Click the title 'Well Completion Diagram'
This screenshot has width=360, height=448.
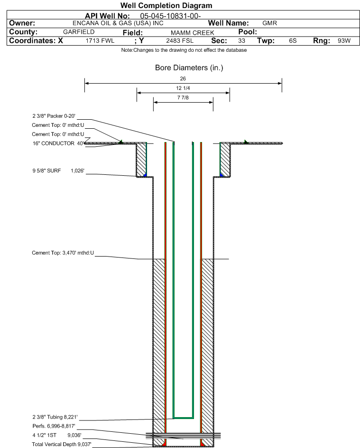click(x=166, y=5)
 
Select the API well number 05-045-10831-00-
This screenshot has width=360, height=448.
click(x=170, y=16)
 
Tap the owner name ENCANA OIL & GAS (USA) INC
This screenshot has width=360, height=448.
click(x=118, y=23)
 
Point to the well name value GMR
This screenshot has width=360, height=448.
click(x=269, y=23)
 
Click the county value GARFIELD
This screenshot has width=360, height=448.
click(x=79, y=32)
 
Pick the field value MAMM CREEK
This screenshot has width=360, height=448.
click(x=192, y=33)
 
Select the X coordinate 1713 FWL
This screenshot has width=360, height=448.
click(x=100, y=41)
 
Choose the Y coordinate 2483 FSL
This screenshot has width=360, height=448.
click(x=180, y=41)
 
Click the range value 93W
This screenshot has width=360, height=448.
click(x=344, y=40)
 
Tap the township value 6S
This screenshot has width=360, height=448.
click(x=293, y=40)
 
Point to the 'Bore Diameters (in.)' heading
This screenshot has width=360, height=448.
click(x=189, y=68)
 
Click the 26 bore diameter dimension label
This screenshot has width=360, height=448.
click(x=183, y=78)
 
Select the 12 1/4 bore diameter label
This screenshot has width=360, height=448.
click(x=183, y=88)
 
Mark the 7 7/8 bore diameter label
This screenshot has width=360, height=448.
click(x=183, y=98)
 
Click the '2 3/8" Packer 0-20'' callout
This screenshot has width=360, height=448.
click(x=54, y=116)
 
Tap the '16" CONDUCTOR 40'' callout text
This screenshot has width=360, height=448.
click(x=58, y=143)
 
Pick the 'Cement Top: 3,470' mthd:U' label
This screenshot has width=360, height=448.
click(x=63, y=253)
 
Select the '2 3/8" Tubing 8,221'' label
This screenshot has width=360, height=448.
click(x=55, y=417)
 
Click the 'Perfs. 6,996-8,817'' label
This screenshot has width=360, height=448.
click(x=54, y=426)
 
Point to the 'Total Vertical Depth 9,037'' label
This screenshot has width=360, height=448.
click(x=62, y=444)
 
